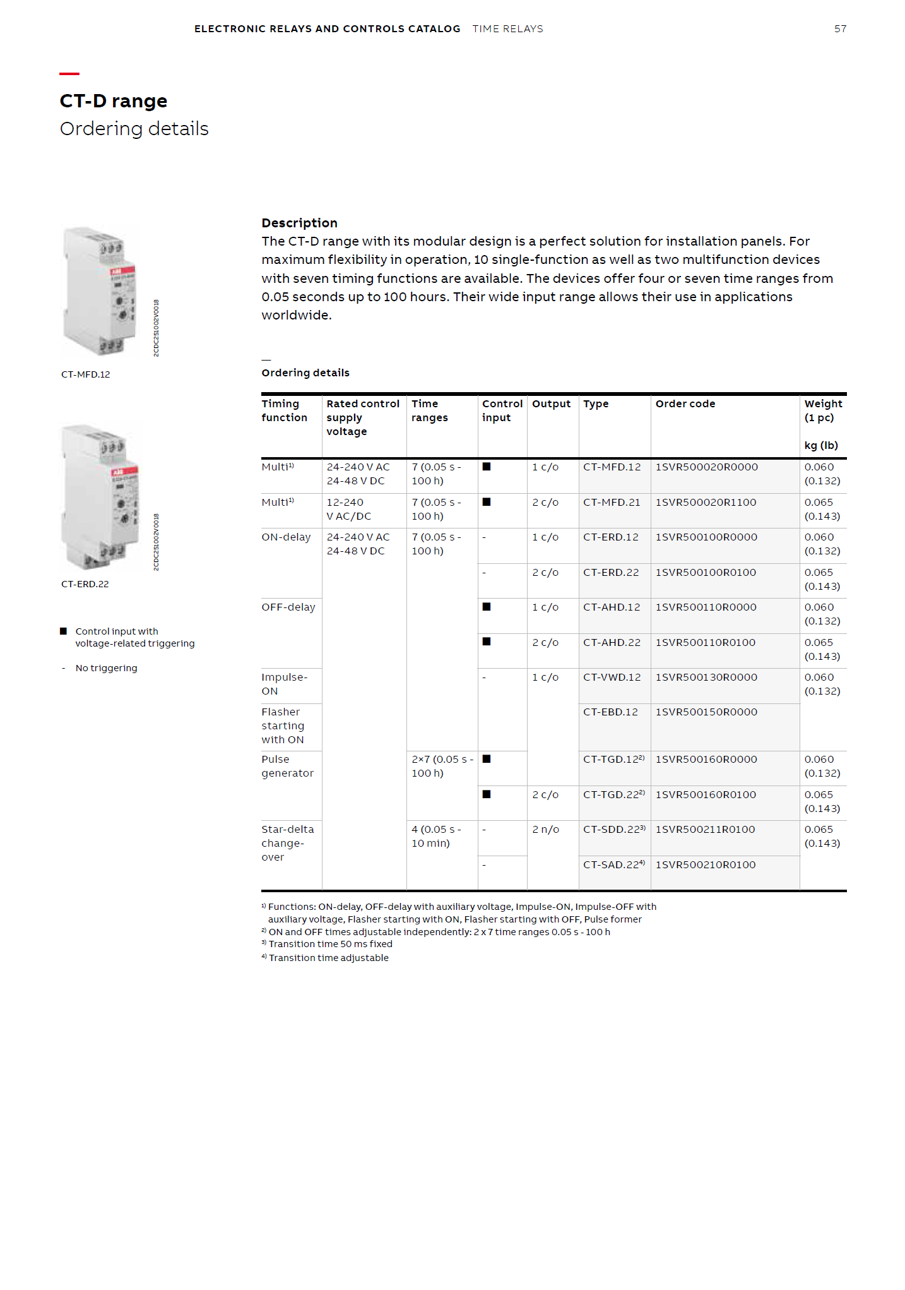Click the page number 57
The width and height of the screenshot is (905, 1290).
click(839, 29)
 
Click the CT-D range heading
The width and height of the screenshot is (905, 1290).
click(114, 101)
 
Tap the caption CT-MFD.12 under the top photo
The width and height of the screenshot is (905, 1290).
click(85, 374)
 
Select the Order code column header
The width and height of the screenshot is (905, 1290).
click(685, 404)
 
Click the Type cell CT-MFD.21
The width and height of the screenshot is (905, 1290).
click(611, 503)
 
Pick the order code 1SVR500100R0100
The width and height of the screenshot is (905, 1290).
click(705, 573)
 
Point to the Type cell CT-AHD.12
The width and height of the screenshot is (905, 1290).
click(611, 607)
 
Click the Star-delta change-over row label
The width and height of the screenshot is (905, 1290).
click(287, 843)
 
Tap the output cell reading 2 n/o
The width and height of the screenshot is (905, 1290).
click(545, 830)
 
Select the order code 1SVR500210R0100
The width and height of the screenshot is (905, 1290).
click(705, 865)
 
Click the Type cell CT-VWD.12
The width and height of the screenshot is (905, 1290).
click(612, 678)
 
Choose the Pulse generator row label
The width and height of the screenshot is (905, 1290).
click(287, 767)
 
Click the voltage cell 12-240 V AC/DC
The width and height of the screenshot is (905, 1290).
click(348, 510)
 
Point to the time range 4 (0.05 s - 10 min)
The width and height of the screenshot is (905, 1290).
click(436, 837)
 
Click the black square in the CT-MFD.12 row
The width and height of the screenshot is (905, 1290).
click(487, 467)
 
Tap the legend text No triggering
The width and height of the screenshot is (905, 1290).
click(106, 668)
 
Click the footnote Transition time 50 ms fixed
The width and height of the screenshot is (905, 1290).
click(330, 945)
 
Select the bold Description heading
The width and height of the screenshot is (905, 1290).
click(299, 223)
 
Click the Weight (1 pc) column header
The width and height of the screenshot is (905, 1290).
click(822, 410)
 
